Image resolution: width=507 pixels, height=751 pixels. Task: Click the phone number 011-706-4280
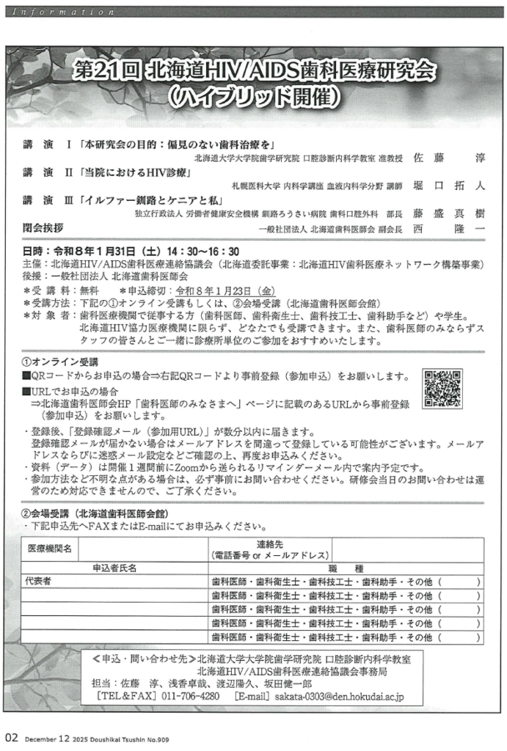[x=190, y=695]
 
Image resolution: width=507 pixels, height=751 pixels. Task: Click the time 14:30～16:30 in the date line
[x=196, y=252]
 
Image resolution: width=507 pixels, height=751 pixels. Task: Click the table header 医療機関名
[x=50, y=548]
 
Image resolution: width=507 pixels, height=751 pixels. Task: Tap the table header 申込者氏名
[x=114, y=568]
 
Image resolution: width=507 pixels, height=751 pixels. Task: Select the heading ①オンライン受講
[x=60, y=362]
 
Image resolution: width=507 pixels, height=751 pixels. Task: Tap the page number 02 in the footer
[x=10, y=737]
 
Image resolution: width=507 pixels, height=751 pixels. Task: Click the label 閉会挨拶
[x=43, y=227]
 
